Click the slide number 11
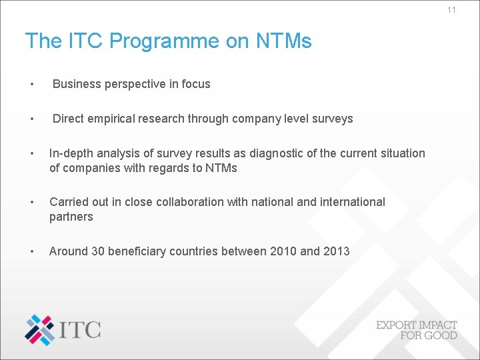(451, 10)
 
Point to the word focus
(194, 84)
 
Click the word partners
(71, 217)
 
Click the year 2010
(284, 251)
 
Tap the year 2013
(335, 251)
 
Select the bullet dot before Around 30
(31, 251)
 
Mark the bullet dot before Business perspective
(31, 84)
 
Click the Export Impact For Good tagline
(417, 330)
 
